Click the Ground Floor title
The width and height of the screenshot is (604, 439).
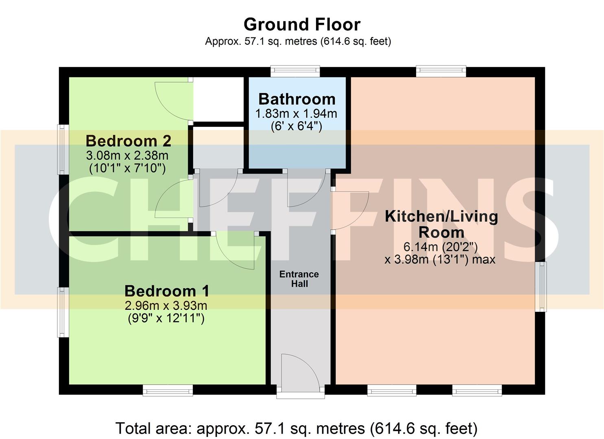pos(302,24)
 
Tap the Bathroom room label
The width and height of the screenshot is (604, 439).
pos(297,99)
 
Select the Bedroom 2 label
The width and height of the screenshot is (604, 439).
pos(128,141)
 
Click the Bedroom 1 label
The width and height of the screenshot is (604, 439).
pos(167,291)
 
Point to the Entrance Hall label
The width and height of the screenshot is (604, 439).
pos(299,279)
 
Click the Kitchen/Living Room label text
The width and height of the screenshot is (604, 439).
pos(441,224)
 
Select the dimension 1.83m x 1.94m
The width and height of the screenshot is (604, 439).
pos(296,113)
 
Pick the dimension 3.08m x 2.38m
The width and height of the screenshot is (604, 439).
pos(127,155)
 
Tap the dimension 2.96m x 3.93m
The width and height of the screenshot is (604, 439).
pos(166,305)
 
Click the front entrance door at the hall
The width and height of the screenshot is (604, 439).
pos(300,372)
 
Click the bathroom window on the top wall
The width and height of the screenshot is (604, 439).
pos(295,72)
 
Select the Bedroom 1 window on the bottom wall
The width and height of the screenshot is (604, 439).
pos(168,391)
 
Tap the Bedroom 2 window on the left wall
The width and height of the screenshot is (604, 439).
pos(63,149)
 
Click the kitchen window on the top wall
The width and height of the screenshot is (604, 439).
pos(441,72)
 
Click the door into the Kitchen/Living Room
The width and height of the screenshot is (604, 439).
pos(351,211)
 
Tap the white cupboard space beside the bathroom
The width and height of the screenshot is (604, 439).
pos(218,98)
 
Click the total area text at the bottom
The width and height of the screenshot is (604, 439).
pos(296,428)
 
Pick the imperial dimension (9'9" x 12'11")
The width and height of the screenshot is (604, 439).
pos(166,318)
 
